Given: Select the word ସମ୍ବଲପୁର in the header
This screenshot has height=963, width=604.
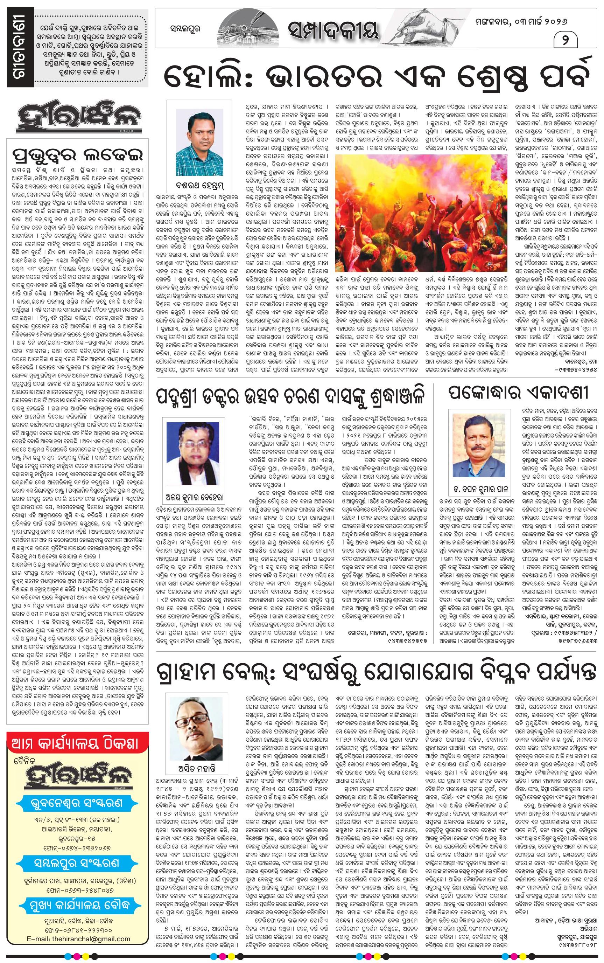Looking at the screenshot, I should click(185, 29).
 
